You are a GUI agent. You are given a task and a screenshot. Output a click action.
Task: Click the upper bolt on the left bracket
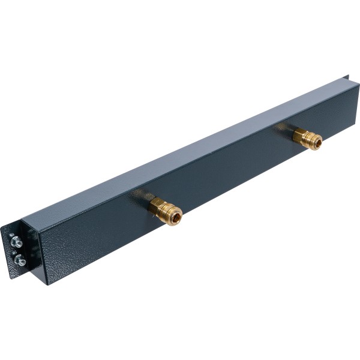coord(16,241)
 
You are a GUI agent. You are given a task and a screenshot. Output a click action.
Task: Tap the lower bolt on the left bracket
coord(20,260)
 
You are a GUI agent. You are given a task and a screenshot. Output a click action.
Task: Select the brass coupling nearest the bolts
coord(164,211)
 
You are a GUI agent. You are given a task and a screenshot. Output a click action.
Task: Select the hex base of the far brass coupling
coord(299,135)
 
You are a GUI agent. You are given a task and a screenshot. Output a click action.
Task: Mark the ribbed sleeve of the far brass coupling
coord(310,141)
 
